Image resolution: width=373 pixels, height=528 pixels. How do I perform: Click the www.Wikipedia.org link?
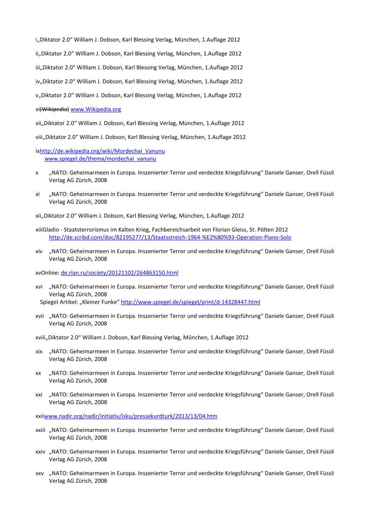pos(96,110)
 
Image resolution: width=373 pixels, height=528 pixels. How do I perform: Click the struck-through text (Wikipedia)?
pos(54,110)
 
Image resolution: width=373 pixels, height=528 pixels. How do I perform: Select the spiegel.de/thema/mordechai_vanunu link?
pos(100,159)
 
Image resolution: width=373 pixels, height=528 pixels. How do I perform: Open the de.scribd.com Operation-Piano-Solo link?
pos(170,237)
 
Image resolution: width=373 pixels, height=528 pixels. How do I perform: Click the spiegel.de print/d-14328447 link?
pos(190,302)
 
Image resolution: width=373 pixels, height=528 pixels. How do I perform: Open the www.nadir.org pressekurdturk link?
pos(131,416)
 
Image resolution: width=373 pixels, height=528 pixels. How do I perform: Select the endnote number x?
pos(37,173)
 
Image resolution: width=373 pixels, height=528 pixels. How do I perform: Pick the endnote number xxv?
pos(40,473)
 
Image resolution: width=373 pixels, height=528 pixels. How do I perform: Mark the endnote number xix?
pos(39,351)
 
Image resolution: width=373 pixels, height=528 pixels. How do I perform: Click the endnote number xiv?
pos(39,251)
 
